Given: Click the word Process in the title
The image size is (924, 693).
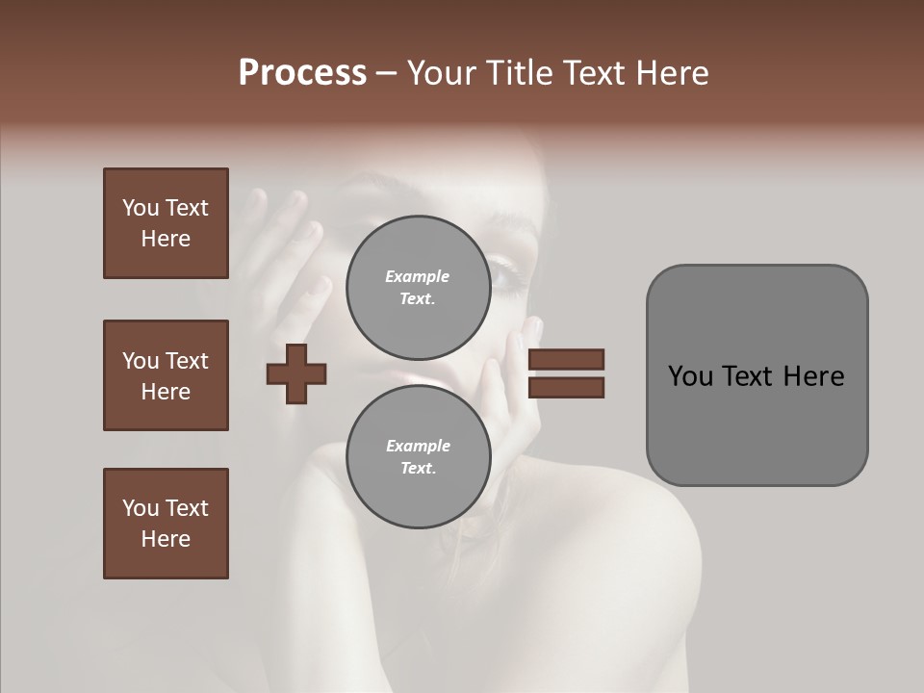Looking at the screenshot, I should [302, 73].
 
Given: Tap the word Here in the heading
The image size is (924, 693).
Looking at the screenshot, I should [668, 73].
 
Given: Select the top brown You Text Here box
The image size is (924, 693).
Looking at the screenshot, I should [166, 223].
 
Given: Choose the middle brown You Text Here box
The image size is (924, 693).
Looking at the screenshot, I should [166, 375].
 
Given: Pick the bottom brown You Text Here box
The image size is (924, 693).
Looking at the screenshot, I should [166, 524].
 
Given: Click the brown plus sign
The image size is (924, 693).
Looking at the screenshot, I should [296, 373].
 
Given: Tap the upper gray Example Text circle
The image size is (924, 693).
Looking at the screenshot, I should [418, 287].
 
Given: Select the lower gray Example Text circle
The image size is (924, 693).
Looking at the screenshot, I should [418, 456].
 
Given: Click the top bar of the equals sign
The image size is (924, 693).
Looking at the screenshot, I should [566, 359].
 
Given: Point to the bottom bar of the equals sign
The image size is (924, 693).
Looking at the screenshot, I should [566, 388].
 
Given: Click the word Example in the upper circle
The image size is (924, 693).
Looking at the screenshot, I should [418, 276].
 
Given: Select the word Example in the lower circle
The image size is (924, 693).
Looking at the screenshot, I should [418, 446].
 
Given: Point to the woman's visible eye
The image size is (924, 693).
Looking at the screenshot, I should [507, 279].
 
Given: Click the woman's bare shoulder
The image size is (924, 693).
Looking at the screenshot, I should [626, 558].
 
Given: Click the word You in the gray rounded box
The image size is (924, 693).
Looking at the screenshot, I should [689, 376].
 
